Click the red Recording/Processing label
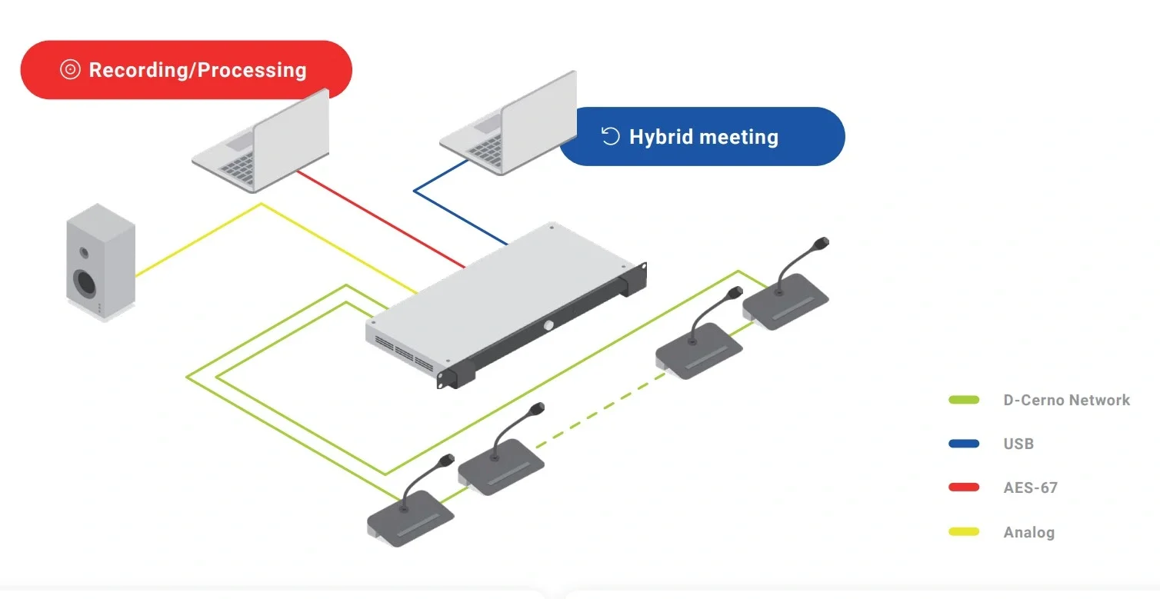click(x=185, y=70)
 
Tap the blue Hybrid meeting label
click(x=702, y=137)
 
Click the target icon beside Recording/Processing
click(x=70, y=70)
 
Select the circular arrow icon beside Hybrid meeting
click(x=610, y=137)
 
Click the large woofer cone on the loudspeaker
click(x=85, y=283)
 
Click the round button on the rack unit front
click(x=550, y=325)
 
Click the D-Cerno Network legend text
click(x=1066, y=400)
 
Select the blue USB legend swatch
click(x=964, y=444)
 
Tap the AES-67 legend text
click(x=1030, y=488)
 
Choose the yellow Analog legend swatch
click(x=964, y=531)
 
